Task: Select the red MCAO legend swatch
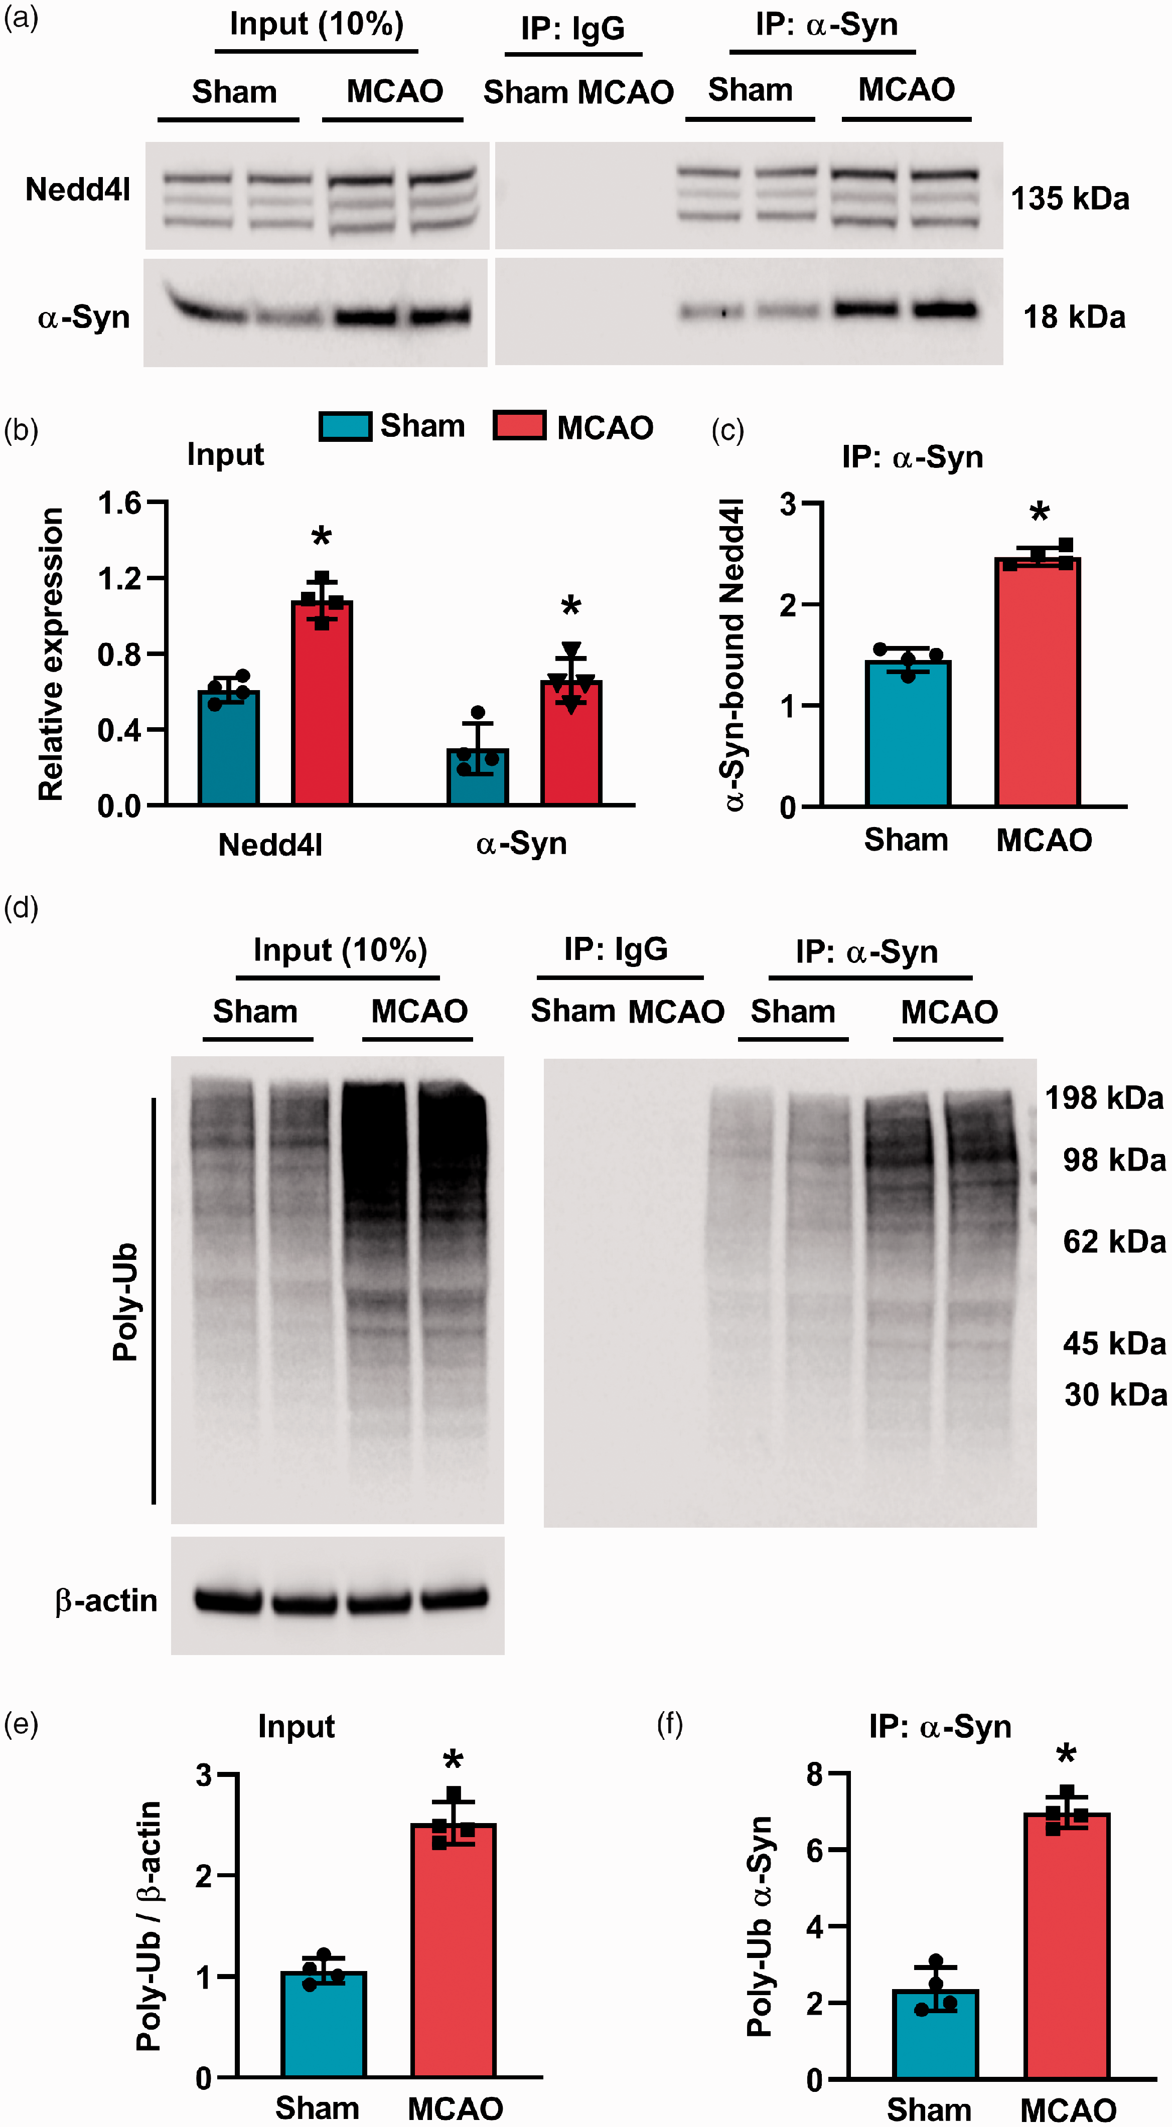click(519, 426)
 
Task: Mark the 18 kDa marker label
click(1074, 317)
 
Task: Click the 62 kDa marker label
click(1113, 1241)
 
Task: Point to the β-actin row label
click(106, 1600)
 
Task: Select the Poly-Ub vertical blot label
click(125, 1302)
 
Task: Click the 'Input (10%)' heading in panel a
click(317, 25)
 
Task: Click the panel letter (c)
click(727, 430)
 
